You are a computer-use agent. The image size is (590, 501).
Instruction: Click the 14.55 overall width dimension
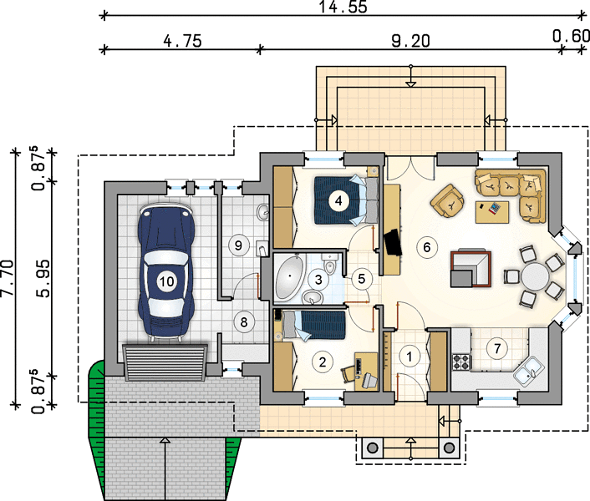(x=343, y=7)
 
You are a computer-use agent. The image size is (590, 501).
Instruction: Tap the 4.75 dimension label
(x=182, y=41)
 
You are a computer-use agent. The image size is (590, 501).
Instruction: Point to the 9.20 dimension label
(x=410, y=41)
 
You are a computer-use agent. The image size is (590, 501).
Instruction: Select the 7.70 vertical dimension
(x=8, y=277)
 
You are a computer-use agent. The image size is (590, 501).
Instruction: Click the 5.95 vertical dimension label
(x=43, y=279)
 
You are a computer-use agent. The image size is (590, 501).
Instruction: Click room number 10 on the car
(x=166, y=281)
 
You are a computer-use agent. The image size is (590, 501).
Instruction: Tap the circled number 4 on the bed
(x=338, y=200)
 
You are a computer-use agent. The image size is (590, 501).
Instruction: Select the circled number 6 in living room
(x=427, y=247)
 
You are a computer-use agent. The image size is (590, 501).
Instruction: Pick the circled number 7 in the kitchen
(x=497, y=348)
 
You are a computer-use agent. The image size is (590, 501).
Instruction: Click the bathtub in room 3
(x=289, y=277)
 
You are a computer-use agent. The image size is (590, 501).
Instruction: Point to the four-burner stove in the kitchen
(x=461, y=362)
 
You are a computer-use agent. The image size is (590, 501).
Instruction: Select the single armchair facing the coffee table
(x=448, y=200)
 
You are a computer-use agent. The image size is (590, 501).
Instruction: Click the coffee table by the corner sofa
(x=492, y=212)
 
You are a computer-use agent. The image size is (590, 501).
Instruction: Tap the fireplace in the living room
(x=471, y=268)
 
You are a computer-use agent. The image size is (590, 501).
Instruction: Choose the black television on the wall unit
(x=393, y=242)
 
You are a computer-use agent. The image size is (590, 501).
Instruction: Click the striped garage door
(x=165, y=362)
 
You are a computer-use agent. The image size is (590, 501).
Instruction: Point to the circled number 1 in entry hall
(x=409, y=356)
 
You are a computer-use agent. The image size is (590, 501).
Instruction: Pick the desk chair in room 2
(x=348, y=373)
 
